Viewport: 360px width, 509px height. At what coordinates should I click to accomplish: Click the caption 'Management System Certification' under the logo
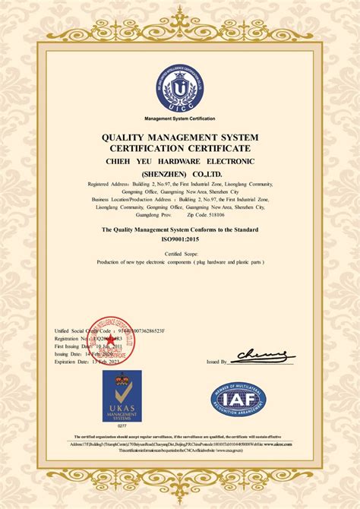click(180, 119)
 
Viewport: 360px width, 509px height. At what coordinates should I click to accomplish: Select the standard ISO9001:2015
click(180, 238)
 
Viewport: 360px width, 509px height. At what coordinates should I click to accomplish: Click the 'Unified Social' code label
click(73, 331)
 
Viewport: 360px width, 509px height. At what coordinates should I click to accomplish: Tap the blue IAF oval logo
click(238, 400)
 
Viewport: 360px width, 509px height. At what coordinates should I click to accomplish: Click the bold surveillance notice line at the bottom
click(180, 437)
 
